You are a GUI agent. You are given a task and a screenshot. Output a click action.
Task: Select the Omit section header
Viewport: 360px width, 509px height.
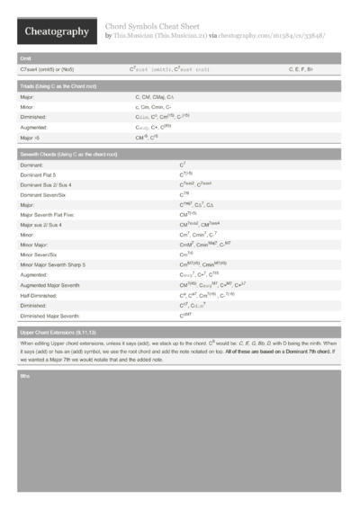point(27,58)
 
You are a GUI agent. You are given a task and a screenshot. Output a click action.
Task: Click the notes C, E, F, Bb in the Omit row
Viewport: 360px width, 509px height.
point(301,68)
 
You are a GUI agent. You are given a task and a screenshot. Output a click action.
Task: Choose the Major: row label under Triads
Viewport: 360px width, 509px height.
point(28,95)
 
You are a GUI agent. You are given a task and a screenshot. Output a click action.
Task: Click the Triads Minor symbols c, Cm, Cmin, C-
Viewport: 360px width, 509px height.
point(154,106)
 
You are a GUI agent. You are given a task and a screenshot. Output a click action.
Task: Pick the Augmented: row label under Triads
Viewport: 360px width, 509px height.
point(34,128)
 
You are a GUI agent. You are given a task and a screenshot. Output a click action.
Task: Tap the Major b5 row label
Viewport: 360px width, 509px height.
point(31,138)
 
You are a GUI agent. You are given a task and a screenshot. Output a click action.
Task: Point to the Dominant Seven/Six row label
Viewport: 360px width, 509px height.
point(47,193)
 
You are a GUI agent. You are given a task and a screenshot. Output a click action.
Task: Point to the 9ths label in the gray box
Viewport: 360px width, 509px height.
point(25,374)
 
